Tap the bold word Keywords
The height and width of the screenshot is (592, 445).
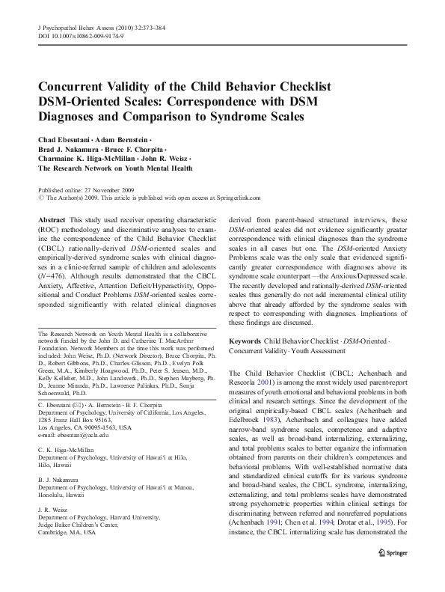[x=248, y=341]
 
